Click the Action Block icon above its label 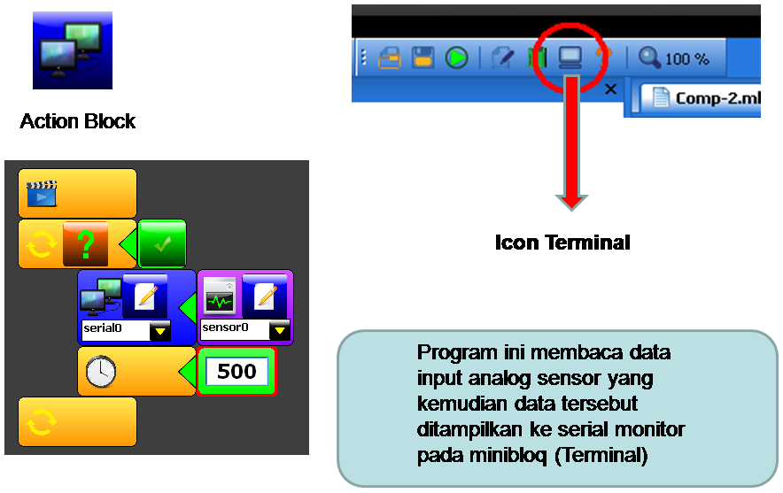[x=73, y=50]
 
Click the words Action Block [x=78, y=121]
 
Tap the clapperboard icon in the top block [x=41, y=194]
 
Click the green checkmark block [x=162, y=243]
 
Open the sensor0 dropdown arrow [x=280, y=331]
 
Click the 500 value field [x=236, y=371]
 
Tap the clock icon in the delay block [x=100, y=372]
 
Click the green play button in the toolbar [x=457, y=58]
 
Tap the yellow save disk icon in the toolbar [x=423, y=58]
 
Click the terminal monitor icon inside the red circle [x=570, y=58]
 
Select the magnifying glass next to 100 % [x=649, y=58]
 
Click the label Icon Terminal [x=562, y=242]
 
